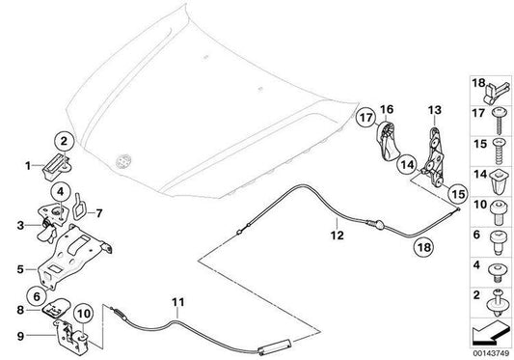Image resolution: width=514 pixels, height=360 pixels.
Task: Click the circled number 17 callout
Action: [x=365, y=117]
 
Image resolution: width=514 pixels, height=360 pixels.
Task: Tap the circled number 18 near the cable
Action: [x=423, y=246]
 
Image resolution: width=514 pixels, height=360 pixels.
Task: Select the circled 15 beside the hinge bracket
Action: [x=458, y=194]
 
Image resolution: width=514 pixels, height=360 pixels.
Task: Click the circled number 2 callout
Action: [x=64, y=142]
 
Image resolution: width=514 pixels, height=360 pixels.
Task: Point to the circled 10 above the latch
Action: [x=84, y=314]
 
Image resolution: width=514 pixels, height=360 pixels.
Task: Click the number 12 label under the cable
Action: [x=337, y=235]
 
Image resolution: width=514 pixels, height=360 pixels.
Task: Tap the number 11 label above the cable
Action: [x=178, y=302]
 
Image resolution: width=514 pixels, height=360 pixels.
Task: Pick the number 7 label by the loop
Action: [x=98, y=213]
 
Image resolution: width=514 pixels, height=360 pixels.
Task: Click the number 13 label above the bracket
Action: [x=435, y=110]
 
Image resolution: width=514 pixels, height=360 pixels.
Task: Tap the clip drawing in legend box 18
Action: [x=496, y=93]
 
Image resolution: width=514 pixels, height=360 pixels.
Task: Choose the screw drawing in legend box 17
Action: [x=499, y=120]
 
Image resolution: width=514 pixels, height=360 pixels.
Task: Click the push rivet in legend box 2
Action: [x=499, y=302]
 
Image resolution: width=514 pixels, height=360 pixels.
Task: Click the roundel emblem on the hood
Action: [x=123, y=161]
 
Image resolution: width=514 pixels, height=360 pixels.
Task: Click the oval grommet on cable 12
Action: [x=378, y=225]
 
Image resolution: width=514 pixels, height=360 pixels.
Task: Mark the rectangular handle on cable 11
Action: [x=275, y=346]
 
